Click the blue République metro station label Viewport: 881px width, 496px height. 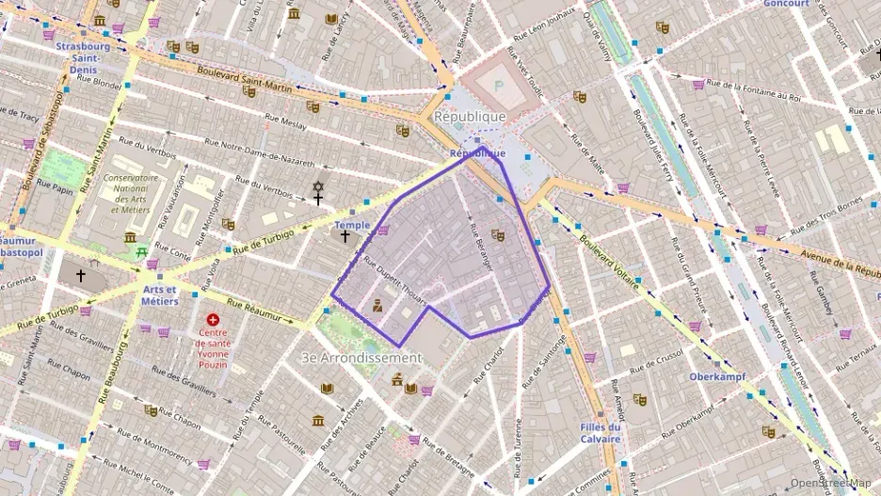coord(477,152)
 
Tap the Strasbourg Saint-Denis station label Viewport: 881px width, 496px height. coord(83,52)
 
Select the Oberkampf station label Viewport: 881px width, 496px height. coord(717,376)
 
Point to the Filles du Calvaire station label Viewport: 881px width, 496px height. coord(601,433)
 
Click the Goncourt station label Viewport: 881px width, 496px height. coord(786,4)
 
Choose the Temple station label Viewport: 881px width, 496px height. coord(352,225)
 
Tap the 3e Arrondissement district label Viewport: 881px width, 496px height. coord(360,358)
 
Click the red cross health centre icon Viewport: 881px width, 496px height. coord(213,320)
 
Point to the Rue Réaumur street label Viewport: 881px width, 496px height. coord(259,312)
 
